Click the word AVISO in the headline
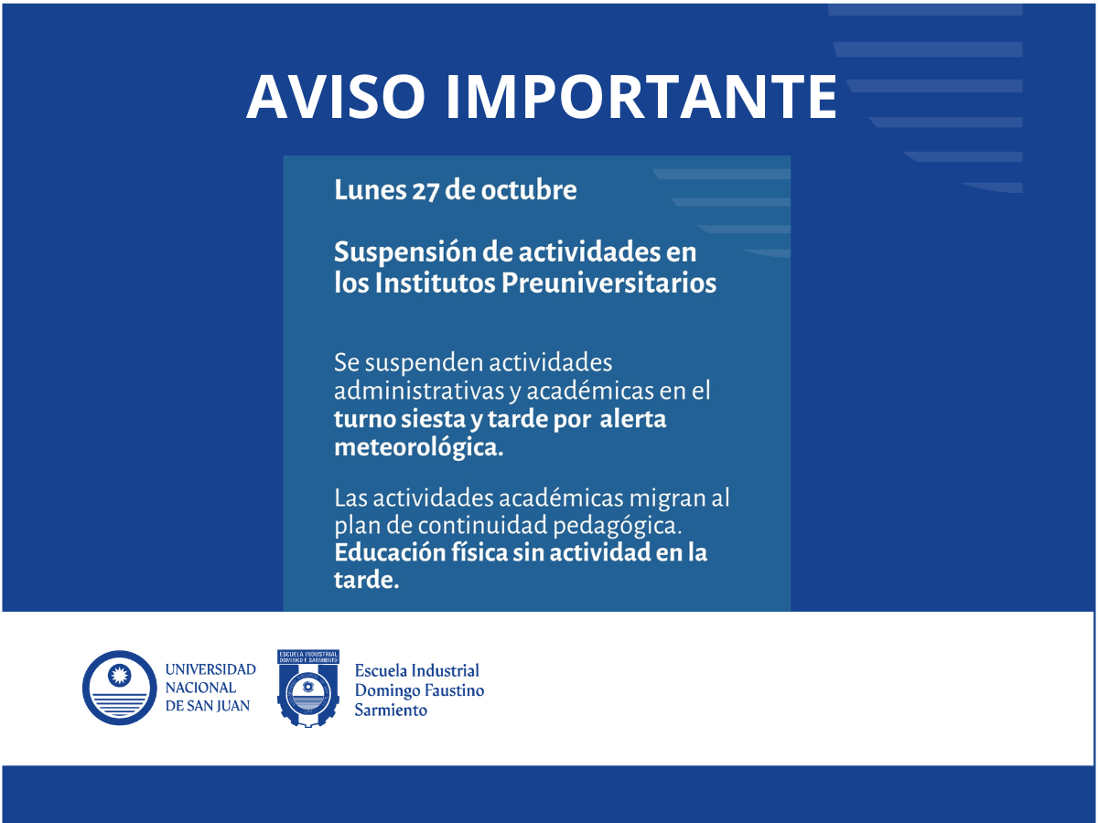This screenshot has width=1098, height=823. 335,96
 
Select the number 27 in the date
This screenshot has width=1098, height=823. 425,190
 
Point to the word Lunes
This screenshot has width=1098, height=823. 371,190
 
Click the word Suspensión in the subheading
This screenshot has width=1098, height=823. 404,253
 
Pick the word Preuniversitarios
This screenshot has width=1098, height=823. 608,283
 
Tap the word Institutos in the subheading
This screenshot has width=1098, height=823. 435,283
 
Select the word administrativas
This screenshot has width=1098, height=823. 419,390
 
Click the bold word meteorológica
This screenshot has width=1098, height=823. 419,447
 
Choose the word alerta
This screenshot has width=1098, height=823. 633,418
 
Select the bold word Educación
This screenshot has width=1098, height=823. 389,552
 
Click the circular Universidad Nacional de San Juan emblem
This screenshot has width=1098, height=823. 120,688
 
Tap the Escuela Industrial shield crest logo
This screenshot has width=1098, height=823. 308,689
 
